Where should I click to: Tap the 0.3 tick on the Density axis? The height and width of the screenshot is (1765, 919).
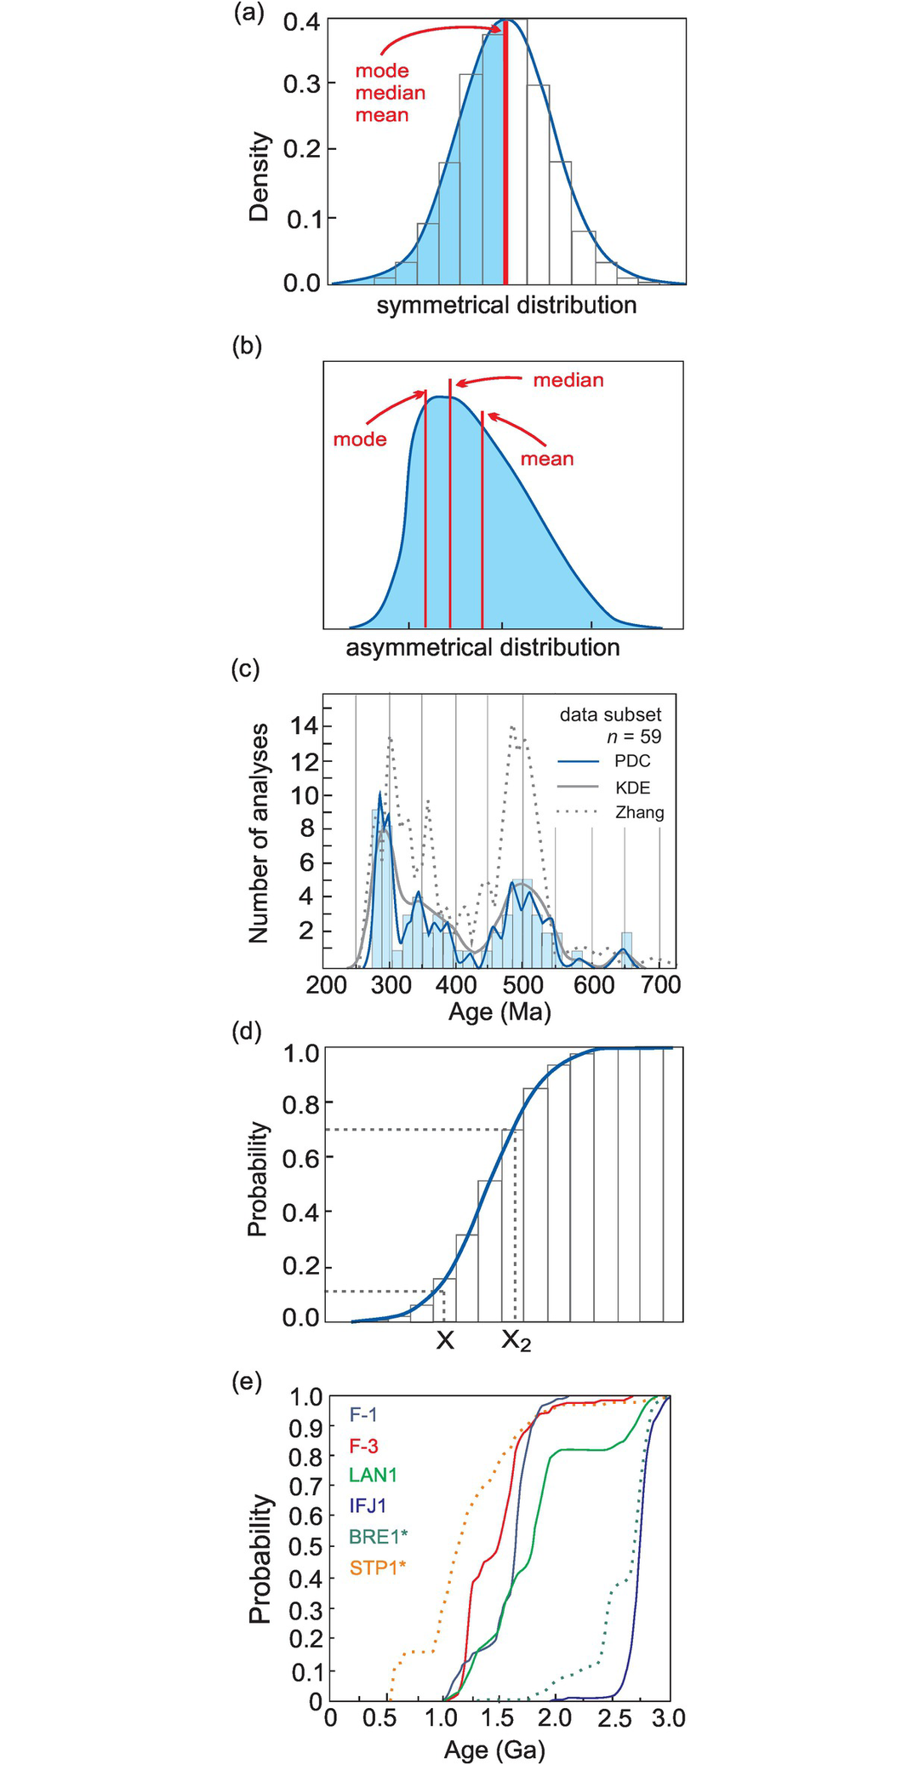(x=302, y=84)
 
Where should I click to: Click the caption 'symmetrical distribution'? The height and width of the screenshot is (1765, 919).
(x=506, y=306)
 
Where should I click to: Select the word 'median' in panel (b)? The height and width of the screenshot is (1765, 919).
(x=568, y=381)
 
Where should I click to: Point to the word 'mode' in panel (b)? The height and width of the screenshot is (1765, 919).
(x=360, y=439)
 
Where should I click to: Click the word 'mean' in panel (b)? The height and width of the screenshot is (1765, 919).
(x=547, y=459)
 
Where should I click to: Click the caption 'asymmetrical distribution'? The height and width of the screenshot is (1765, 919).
(x=482, y=648)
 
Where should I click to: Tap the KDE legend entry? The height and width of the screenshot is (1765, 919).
(x=633, y=788)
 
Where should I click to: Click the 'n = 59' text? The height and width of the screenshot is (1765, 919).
(x=634, y=736)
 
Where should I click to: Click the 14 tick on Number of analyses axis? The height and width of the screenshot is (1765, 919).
(x=304, y=726)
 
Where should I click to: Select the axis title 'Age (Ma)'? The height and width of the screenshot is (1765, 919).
(x=499, y=1012)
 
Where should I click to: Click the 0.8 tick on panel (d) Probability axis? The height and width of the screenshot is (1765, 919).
(x=300, y=1104)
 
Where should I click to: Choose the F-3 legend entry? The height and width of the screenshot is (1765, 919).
(x=363, y=1446)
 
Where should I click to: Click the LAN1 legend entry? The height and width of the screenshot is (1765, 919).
(x=373, y=1476)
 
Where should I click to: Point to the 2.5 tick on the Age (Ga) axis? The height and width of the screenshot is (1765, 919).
(x=614, y=1719)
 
